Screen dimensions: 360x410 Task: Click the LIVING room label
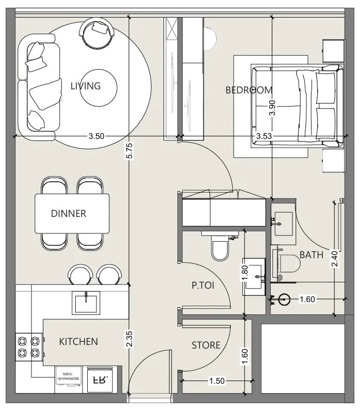(86, 86)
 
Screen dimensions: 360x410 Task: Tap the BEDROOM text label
(249, 90)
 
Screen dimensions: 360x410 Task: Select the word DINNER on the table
(69, 213)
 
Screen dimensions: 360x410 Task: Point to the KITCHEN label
(78, 341)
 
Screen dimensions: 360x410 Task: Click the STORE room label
(206, 345)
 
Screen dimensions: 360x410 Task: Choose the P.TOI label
(203, 285)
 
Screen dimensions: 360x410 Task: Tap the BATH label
(312, 255)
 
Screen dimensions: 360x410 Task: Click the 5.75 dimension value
(129, 150)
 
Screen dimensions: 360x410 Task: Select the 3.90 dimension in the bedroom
(272, 108)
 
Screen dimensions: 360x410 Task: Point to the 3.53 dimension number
(264, 136)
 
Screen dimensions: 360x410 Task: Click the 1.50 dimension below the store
(217, 381)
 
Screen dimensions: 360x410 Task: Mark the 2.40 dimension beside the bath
(335, 259)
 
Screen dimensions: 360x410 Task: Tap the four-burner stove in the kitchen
(29, 347)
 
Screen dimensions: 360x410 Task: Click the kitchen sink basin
(86, 303)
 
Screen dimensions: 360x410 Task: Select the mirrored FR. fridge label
(101, 380)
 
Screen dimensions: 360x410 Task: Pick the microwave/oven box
(69, 376)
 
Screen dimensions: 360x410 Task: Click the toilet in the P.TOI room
(220, 247)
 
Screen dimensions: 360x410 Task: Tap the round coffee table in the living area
(98, 88)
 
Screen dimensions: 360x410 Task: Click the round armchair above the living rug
(96, 33)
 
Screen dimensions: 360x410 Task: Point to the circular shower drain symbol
(284, 299)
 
